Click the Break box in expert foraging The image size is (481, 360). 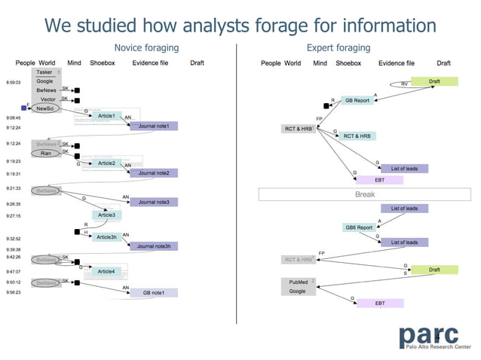pyautogui.click(x=365, y=194)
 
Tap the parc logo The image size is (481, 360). pyautogui.click(x=434, y=336)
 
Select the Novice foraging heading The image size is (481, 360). pyautogui.click(x=146, y=48)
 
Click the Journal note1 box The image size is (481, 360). pyautogui.click(x=154, y=126)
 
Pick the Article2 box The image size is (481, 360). pyautogui.click(x=107, y=163)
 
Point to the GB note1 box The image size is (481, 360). pyautogui.click(x=154, y=292)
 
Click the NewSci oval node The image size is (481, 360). pyautogui.click(x=45, y=108)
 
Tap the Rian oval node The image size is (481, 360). pyautogui.click(x=45, y=153)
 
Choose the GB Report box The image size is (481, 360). pyautogui.click(x=357, y=100)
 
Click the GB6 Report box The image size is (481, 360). pyautogui.click(x=359, y=227)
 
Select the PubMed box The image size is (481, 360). pyautogui.click(x=298, y=282)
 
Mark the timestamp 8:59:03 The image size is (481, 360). pyautogui.click(x=14, y=81)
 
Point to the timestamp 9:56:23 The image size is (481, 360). pyautogui.click(x=14, y=291)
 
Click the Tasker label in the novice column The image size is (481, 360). pyautogui.click(x=44, y=72)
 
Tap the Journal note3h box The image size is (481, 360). pyautogui.click(x=154, y=246)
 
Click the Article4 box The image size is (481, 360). pyautogui.click(x=106, y=271)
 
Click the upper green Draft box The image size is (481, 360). pyautogui.click(x=434, y=81)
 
